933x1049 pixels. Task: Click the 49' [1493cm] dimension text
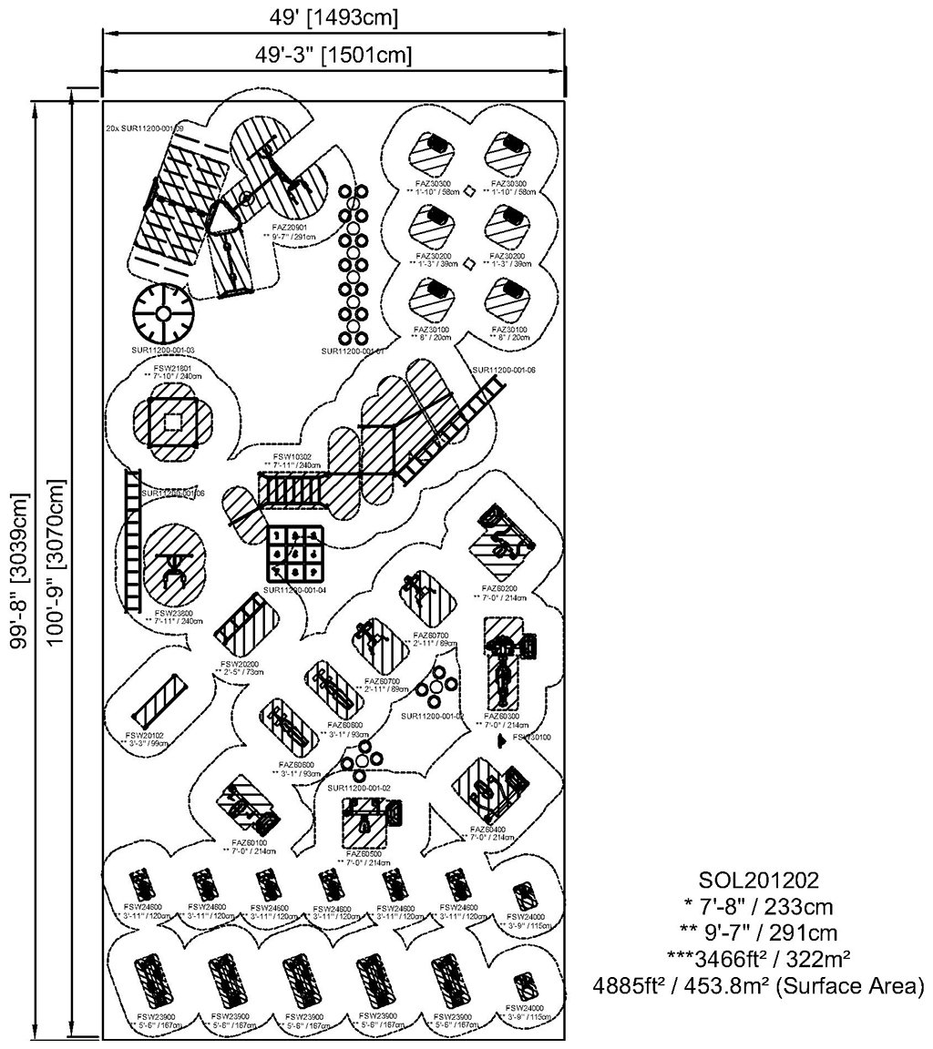[x=333, y=17]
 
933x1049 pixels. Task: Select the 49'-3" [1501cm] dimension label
[x=333, y=55]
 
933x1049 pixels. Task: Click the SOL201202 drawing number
[x=759, y=881]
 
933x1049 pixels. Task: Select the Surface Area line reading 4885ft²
[x=759, y=985]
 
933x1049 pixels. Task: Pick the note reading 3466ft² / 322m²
[x=759, y=959]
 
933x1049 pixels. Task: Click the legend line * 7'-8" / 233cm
[x=759, y=907]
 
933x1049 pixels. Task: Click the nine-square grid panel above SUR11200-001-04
[x=294, y=553]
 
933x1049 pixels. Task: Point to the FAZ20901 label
[x=289, y=227]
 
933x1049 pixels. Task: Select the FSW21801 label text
[x=172, y=368]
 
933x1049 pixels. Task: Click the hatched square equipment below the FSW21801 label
[x=172, y=421]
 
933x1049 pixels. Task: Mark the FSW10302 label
[x=292, y=456]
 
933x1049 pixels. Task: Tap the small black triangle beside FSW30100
[x=500, y=742]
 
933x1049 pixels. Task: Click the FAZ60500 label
[x=364, y=854]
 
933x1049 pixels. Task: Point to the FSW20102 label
[x=145, y=735]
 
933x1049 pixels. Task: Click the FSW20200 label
[x=240, y=664]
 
